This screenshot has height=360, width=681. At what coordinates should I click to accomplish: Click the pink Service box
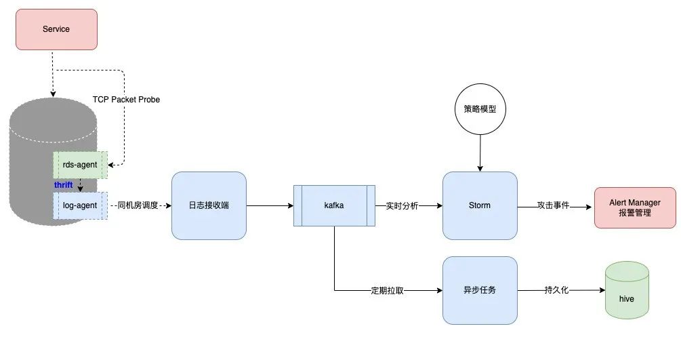pyautogui.click(x=56, y=29)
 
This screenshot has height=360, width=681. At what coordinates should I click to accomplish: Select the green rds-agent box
pyautogui.click(x=80, y=165)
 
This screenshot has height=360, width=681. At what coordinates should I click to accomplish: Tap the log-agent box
pyautogui.click(x=80, y=205)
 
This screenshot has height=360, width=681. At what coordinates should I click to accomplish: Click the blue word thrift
pyautogui.click(x=63, y=185)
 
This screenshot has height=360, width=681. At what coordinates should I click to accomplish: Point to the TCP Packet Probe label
pyautogui.click(x=126, y=100)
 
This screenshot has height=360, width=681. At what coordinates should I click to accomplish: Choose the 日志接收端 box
pyautogui.click(x=209, y=205)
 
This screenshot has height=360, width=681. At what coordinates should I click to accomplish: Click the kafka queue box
pyautogui.click(x=333, y=205)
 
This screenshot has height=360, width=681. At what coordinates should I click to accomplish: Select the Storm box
pyautogui.click(x=480, y=205)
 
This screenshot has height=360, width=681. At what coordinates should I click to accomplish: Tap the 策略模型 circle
pyautogui.click(x=480, y=108)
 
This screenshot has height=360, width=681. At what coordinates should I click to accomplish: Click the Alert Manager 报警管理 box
pyautogui.click(x=634, y=207)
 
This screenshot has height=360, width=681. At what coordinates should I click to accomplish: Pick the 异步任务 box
pyautogui.click(x=480, y=290)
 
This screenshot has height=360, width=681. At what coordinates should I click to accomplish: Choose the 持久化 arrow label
pyautogui.click(x=556, y=290)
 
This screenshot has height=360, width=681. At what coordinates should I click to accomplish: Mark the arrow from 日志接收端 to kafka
pyautogui.click(x=269, y=205)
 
